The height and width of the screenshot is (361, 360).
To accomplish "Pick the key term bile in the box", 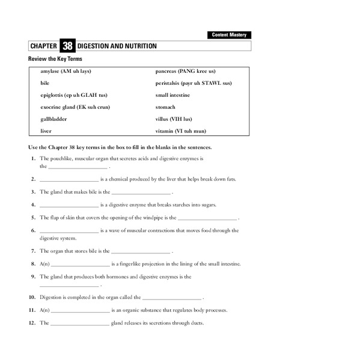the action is tap(44, 83).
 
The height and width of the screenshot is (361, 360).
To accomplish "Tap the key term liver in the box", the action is tap(46, 131).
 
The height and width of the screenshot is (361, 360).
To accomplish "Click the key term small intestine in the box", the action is tap(172, 95).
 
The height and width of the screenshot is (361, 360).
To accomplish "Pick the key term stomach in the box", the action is tap(165, 107).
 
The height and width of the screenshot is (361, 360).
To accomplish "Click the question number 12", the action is tap(32, 323).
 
